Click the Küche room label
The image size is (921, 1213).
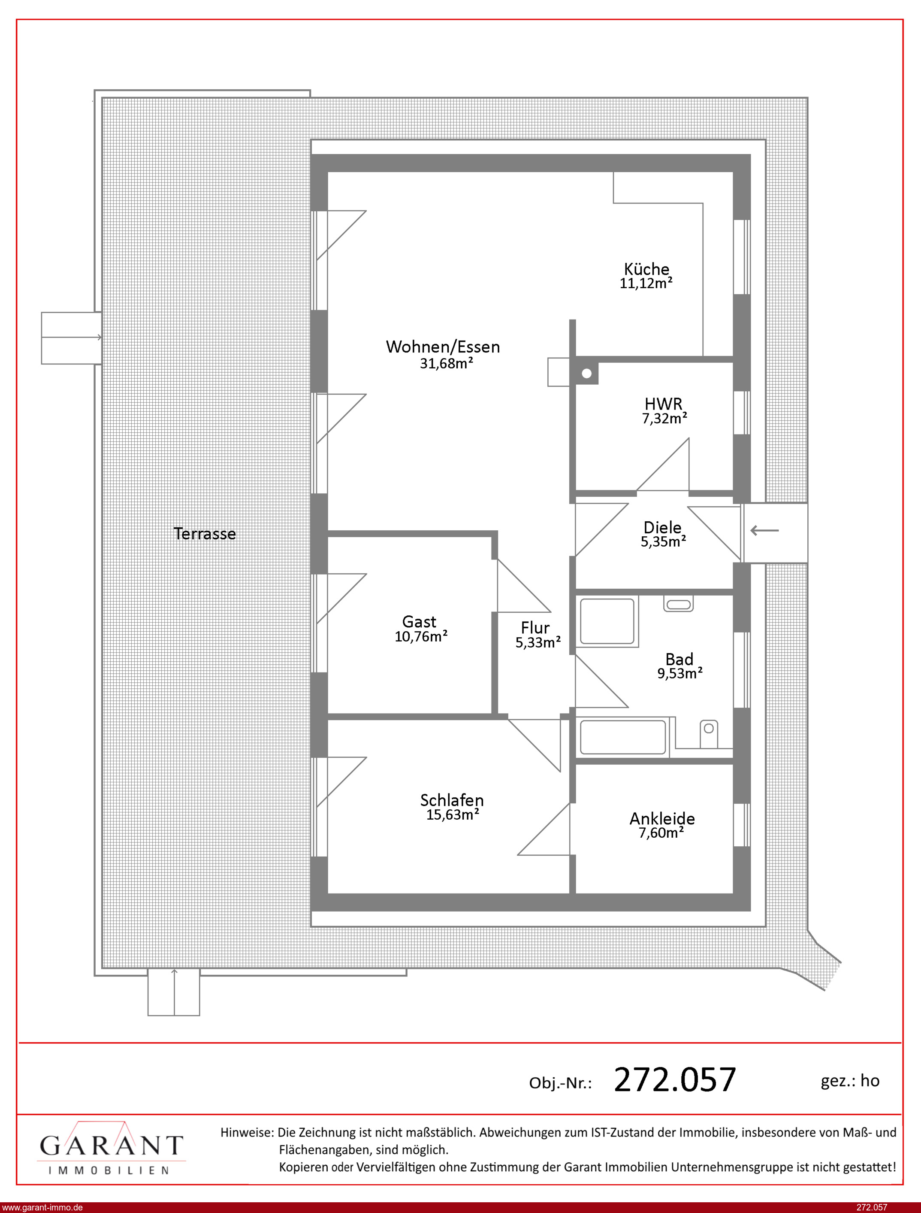(x=647, y=269)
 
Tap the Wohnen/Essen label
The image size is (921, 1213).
(x=443, y=347)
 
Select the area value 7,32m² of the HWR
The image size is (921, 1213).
(x=664, y=419)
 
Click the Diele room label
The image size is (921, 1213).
(x=662, y=527)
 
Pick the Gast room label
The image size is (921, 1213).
(x=420, y=622)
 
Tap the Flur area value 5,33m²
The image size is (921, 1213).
(x=538, y=642)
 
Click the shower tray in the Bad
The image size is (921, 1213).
(x=607, y=621)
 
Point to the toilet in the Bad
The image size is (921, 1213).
(x=709, y=733)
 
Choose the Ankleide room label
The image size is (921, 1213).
(x=662, y=818)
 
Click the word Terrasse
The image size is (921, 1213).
(x=205, y=534)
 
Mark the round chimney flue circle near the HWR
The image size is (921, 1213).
(x=586, y=374)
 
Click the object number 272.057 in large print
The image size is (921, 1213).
(x=675, y=1080)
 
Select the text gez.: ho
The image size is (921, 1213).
(x=850, y=1081)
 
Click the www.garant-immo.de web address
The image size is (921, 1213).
(x=42, y=1207)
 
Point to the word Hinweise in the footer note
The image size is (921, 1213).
(x=247, y=1132)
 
